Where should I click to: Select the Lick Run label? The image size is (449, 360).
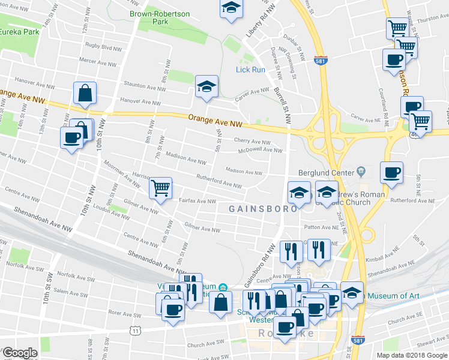pyautogui.click(x=250, y=70)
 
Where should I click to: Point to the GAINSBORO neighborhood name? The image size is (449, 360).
pyautogui.click(x=262, y=208)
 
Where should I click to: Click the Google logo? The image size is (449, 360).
pyautogui.click(x=20, y=353)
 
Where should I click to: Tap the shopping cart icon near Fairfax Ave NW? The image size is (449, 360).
pyautogui.click(x=160, y=188)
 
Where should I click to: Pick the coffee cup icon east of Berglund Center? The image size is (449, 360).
pyautogui.click(x=391, y=173)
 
